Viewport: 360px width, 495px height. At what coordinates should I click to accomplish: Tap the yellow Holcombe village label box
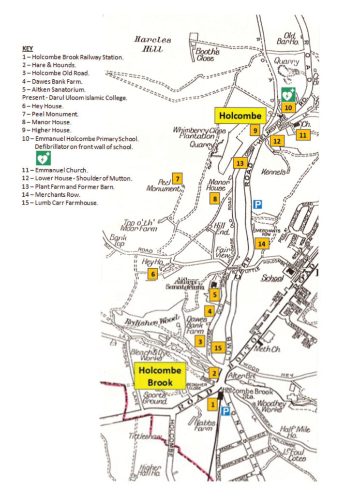(x=240, y=116)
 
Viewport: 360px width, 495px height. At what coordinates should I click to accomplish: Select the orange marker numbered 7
(x=178, y=178)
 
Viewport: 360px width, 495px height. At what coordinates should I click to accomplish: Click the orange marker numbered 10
(x=287, y=107)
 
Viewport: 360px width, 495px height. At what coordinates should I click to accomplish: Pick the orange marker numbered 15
(x=218, y=347)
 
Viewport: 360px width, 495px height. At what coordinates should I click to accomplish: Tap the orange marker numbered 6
(x=153, y=274)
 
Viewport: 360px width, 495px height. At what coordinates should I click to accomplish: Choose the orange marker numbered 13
(x=240, y=163)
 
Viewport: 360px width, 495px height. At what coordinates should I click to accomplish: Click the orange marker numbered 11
(x=303, y=135)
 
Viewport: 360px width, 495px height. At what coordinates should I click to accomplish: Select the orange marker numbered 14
(x=262, y=244)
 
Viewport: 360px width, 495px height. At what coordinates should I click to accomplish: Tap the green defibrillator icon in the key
(x=43, y=158)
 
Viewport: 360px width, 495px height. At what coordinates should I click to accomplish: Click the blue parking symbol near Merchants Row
(x=257, y=205)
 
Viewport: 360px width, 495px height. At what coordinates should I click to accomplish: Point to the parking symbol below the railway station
(x=225, y=411)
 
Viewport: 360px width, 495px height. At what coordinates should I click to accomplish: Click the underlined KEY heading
(x=28, y=49)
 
